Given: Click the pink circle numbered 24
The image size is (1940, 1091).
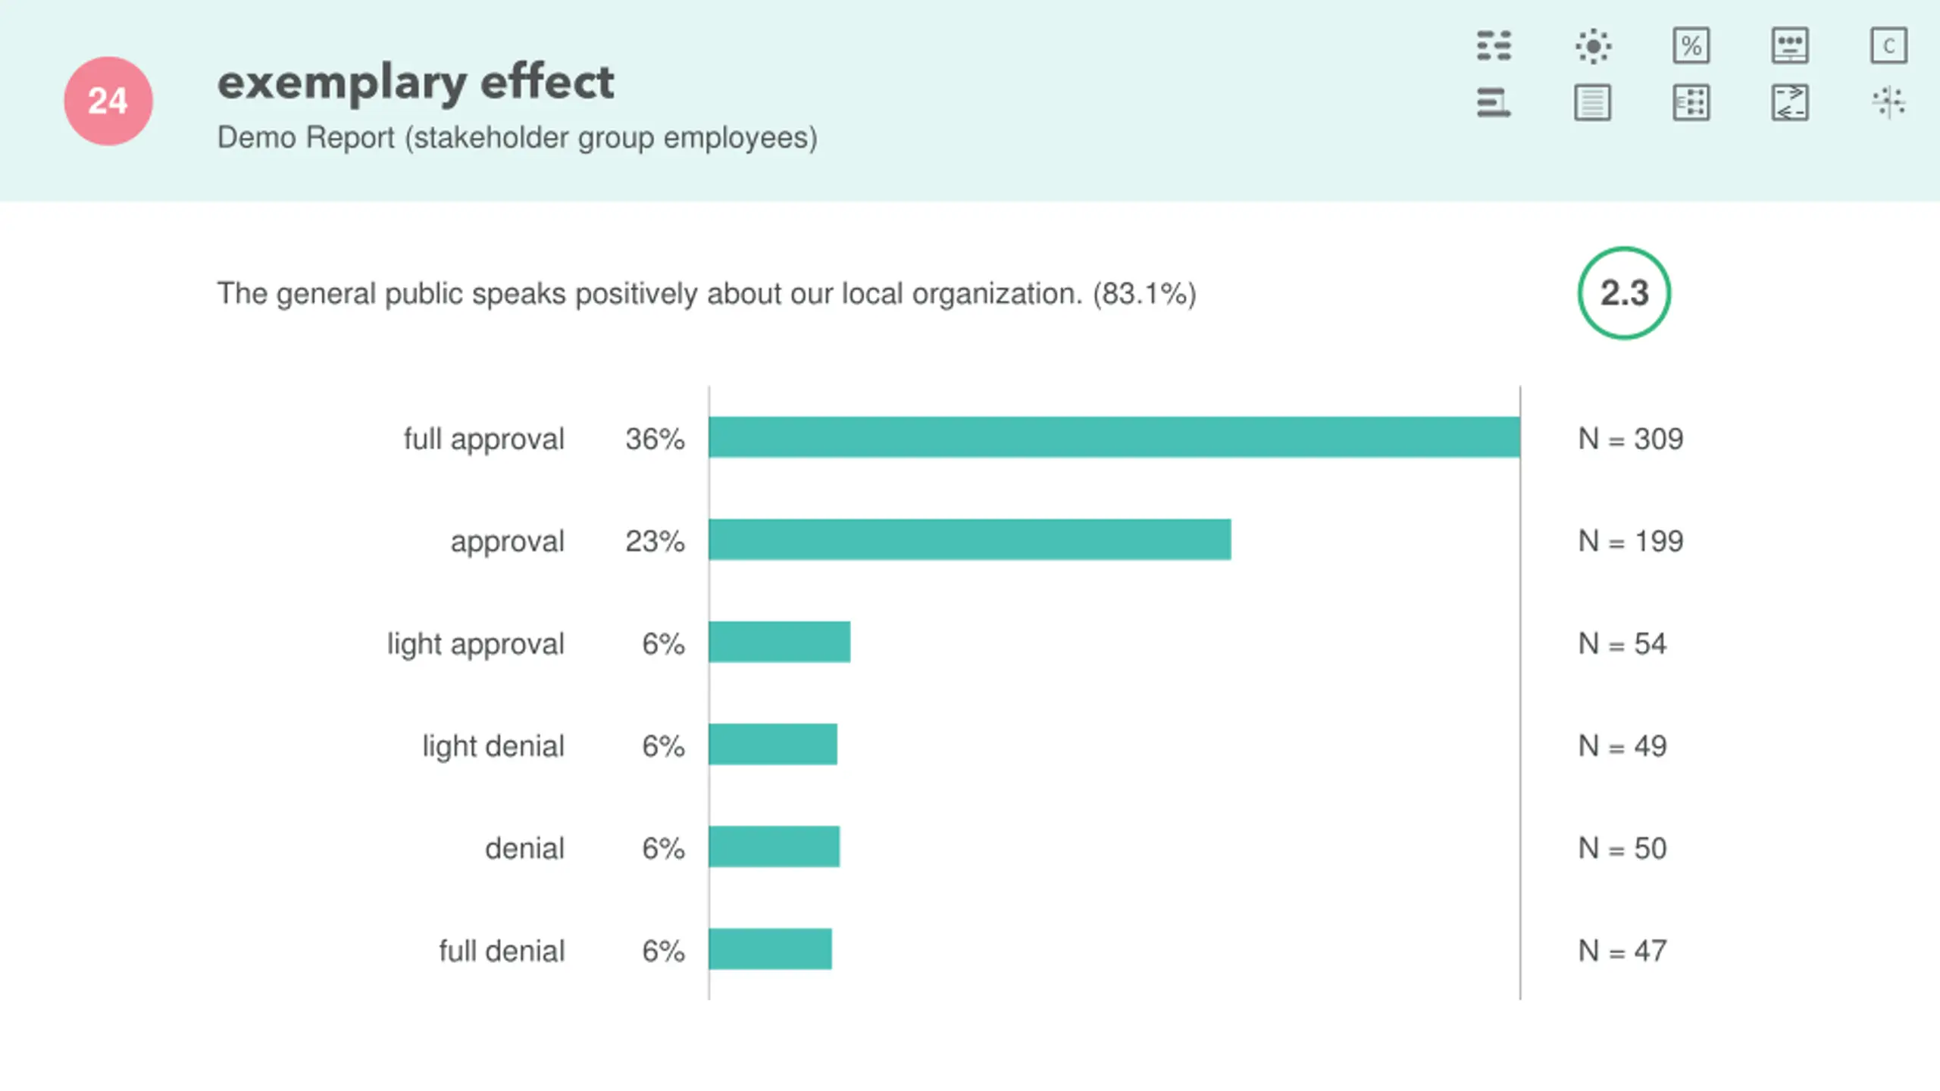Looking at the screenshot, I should click(108, 101).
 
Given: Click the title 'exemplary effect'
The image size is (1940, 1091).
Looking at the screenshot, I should click(415, 82).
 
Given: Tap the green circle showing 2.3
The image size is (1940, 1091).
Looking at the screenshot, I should click(1624, 293).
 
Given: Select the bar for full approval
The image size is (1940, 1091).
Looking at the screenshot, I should click(1114, 437).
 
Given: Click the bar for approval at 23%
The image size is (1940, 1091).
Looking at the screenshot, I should click(969, 539).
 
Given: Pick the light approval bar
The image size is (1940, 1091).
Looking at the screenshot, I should click(779, 642).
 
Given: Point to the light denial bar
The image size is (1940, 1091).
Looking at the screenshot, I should click(773, 744).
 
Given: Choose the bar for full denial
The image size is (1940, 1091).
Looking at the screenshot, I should click(770, 949).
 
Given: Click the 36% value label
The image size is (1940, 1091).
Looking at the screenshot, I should click(655, 439).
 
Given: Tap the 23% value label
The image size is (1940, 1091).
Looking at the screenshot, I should click(655, 541).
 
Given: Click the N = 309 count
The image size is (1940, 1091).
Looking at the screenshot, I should click(1630, 439).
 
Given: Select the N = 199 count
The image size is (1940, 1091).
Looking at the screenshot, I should click(1630, 541).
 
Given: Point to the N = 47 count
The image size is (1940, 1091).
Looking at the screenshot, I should click(1622, 950).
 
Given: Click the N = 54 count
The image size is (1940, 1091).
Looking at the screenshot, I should click(1622, 643).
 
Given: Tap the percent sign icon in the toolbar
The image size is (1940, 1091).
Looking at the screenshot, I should click(1691, 45).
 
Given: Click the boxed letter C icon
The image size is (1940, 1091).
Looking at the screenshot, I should click(1888, 45).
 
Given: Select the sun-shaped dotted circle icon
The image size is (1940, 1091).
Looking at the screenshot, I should click(1593, 45).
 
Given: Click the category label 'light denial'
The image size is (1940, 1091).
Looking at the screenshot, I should click(493, 746).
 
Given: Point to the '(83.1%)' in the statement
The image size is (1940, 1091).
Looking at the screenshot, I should click(1144, 293).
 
